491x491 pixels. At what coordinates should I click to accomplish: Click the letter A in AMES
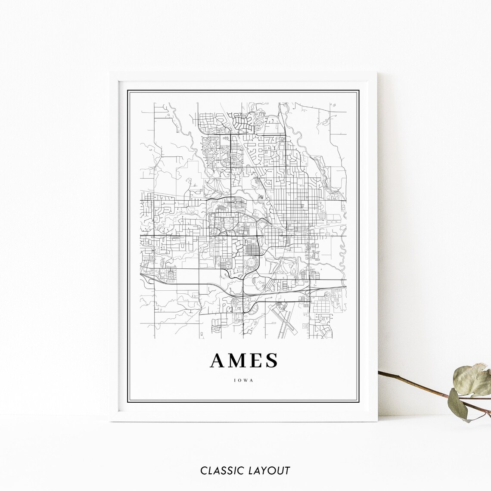[218, 361]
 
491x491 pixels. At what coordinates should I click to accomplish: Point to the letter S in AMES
[272, 361]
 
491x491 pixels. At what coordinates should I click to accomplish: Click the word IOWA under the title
[244, 380]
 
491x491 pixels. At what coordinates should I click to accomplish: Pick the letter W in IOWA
[246, 380]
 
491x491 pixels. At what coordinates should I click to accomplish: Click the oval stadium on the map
[249, 261]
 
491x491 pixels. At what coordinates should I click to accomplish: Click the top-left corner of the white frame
[110, 73]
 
